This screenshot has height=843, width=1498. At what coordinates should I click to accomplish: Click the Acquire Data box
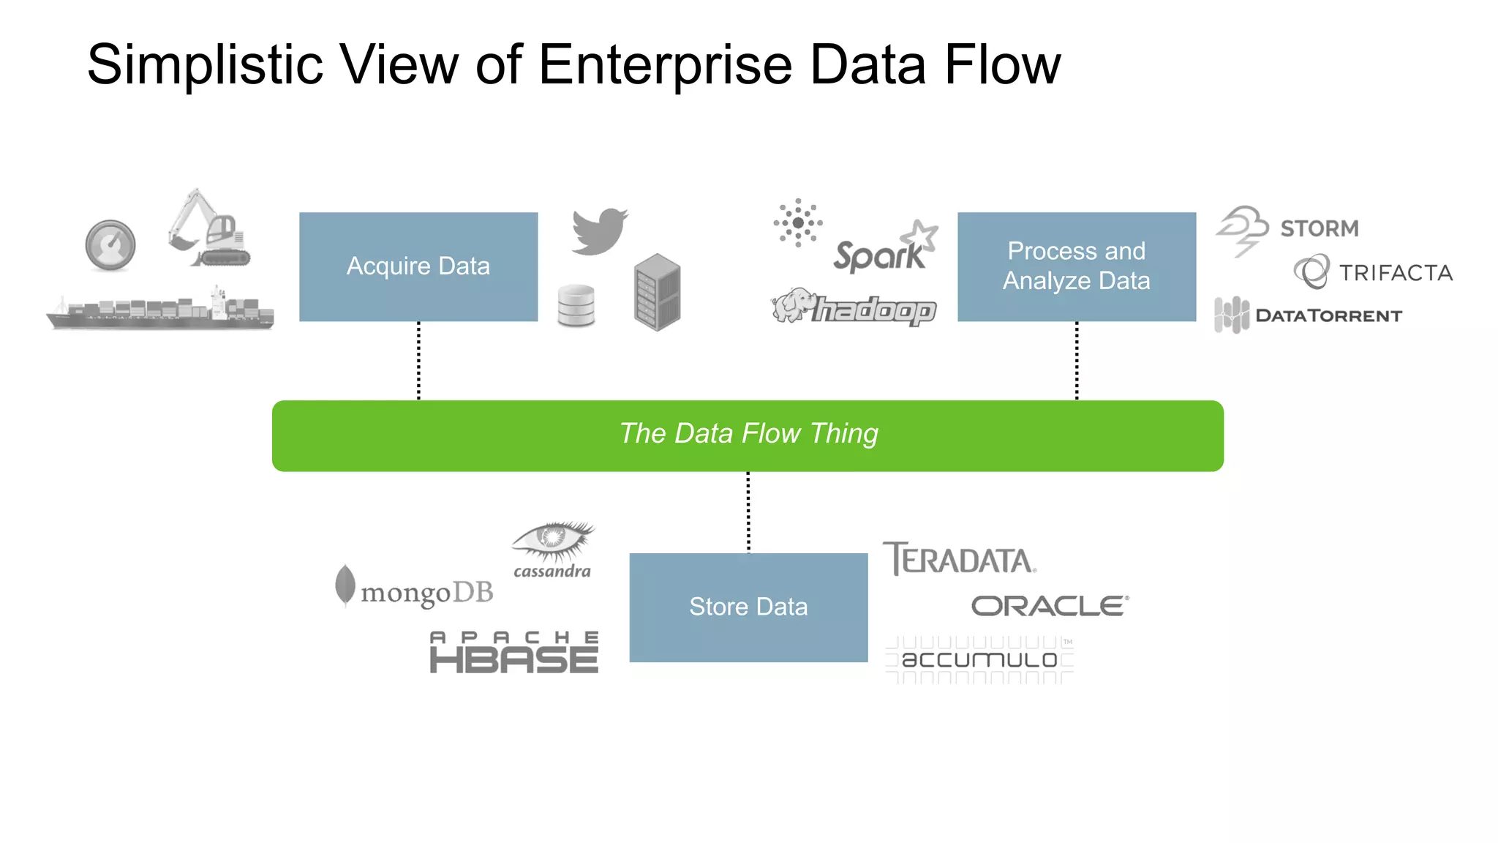coord(418,266)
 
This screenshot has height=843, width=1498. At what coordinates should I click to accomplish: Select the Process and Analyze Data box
coord(1076,266)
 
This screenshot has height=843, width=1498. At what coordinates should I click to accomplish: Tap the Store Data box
coord(748,607)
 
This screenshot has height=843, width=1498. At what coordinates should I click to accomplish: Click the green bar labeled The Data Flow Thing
coord(748,435)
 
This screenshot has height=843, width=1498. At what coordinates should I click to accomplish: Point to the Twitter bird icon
coord(599,231)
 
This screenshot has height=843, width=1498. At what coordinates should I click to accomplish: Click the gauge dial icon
coord(110,245)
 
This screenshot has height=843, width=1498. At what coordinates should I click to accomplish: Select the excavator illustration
coord(209,229)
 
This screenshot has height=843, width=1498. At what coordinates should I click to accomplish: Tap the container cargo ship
coord(161,310)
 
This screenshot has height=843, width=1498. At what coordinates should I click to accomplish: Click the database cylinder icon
coord(576,305)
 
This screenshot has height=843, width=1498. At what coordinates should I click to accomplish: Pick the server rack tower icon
coord(657,292)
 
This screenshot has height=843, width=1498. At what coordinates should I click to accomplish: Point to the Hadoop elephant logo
coord(854,307)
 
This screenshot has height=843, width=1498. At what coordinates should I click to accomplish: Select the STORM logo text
coord(1319,228)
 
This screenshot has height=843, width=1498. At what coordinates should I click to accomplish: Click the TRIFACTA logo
coord(1374,272)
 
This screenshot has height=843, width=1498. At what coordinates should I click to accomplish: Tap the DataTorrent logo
coord(1309,315)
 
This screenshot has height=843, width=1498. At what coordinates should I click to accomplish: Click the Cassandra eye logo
coord(553,550)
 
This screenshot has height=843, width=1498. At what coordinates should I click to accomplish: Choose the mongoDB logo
coord(415,590)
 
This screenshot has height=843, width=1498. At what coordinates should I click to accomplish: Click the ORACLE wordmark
coord(1049,606)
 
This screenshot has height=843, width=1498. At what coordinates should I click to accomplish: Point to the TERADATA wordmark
coord(959,560)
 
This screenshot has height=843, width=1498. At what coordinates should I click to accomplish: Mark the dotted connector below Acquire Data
coord(418,361)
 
